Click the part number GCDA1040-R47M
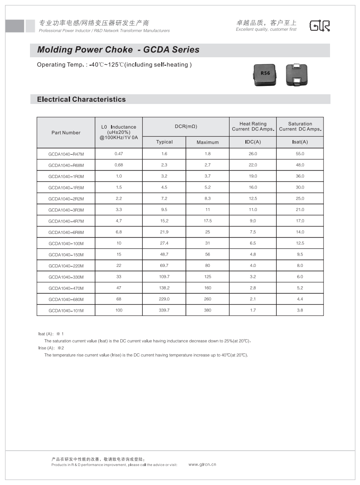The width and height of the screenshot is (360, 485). click(x=66, y=154)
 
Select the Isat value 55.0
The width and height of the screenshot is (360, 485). click(x=300, y=154)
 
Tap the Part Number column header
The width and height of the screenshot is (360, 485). click(x=66, y=133)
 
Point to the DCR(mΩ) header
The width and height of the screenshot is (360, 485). click(x=186, y=126)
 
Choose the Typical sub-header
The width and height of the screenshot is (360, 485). click(x=164, y=142)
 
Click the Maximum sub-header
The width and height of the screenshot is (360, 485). click(x=208, y=142)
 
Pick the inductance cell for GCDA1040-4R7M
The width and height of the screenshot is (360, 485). click(x=119, y=221)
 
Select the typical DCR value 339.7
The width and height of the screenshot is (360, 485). click(x=164, y=310)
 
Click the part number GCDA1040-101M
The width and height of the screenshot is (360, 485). click(x=66, y=311)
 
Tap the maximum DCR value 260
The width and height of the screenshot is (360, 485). click(x=208, y=299)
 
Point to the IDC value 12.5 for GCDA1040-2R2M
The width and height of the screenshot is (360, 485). click(x=253, y=199)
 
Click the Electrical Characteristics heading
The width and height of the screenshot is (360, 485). click(x=82, y=100)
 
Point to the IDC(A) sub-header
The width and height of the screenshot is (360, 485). click(x=253, y=142)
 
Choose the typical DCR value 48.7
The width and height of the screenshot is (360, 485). click(x=164, y=255)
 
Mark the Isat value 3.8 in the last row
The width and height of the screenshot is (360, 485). click(x=300, y=310)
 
